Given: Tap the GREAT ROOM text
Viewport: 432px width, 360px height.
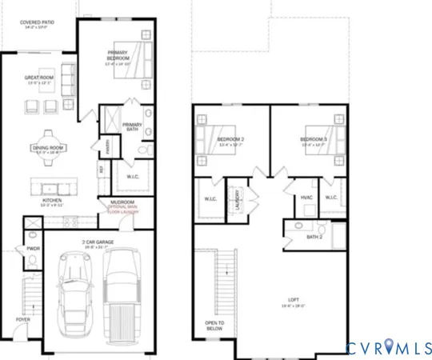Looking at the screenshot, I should pos(38,78).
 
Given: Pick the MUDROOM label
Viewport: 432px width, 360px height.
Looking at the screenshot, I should pos(122,202).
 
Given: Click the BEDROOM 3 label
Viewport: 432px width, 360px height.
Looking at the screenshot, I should pos(316,141).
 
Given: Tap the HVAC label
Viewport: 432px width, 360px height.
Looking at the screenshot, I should pos(306,197).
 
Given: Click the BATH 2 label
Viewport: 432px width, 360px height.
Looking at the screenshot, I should pos(314,237).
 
